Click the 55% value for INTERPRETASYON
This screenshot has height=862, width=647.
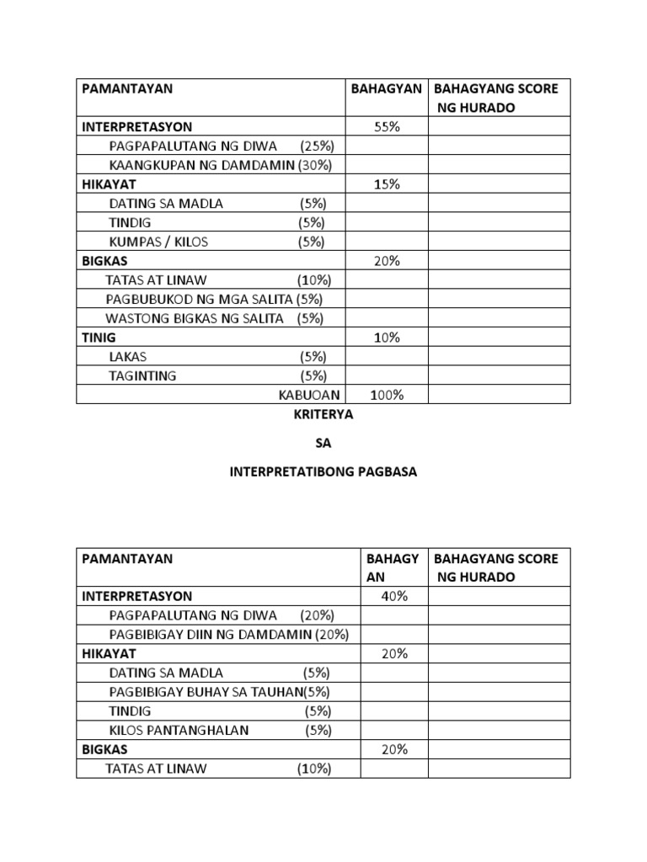(387, 127)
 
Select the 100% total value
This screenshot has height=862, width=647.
(387, 395)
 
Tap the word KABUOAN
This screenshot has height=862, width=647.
(309, 395)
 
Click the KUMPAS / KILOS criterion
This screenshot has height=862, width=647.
(158, 242)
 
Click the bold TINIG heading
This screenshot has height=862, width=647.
(99, 338)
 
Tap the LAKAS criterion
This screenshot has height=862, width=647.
(127, 357)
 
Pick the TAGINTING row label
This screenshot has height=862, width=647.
(142, 376)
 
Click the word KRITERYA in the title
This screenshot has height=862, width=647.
(324, 415)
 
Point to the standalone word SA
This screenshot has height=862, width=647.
(323, 444)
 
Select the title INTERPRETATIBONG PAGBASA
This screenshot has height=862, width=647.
(323, 472)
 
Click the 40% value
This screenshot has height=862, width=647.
(393, 596)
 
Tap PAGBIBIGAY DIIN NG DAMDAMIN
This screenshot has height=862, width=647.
(211, 634)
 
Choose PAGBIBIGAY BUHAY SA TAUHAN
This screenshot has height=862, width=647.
(206, 692)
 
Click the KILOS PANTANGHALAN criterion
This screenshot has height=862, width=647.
(179, 730)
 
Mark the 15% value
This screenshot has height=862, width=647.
(387, 184)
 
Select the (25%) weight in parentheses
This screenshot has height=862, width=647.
(317, 146)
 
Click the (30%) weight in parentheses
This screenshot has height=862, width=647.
(314, 165)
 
